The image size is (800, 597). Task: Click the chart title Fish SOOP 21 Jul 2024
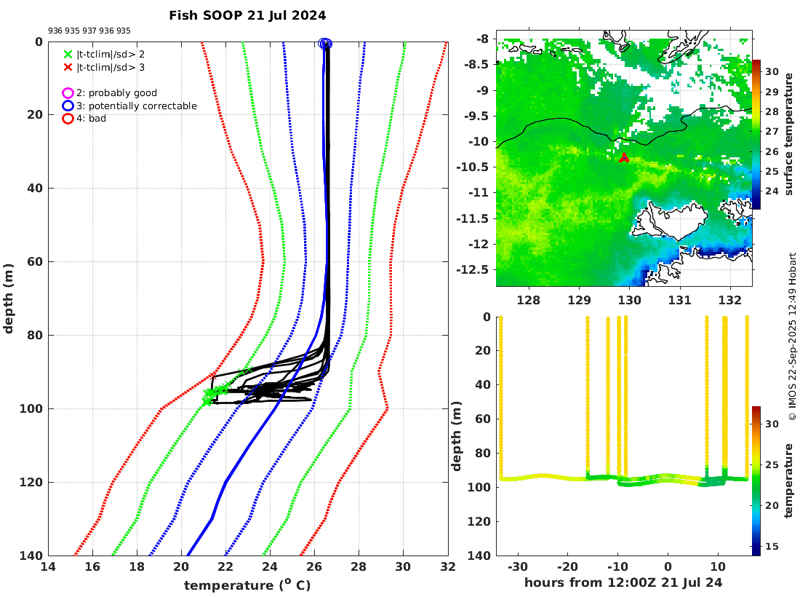point(247,15)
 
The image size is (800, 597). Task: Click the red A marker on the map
point(623,158)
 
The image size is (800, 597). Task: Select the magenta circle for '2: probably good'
point(68,93)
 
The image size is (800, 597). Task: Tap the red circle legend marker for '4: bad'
point(68,118)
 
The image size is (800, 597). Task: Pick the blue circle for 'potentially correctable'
point(68,106)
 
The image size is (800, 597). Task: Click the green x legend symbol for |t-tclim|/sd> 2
point(68,54)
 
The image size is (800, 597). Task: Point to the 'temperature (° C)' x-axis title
point(248,585)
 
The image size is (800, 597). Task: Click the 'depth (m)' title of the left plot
point(9,298)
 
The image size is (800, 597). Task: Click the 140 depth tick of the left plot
point(33,556)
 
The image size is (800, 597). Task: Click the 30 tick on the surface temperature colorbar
point(772,72)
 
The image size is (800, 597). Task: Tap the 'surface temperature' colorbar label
point(788,135)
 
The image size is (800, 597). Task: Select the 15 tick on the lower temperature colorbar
point(772,546)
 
